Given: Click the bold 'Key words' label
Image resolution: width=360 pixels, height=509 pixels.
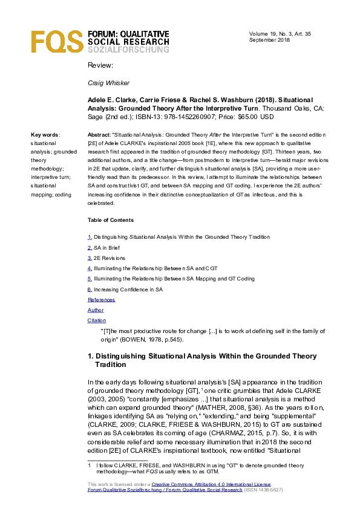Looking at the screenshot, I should [x=45, y=135].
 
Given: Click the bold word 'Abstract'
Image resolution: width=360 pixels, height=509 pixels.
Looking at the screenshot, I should [x=99, y=135].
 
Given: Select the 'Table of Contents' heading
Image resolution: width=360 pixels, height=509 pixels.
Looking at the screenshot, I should [x=111, y=220].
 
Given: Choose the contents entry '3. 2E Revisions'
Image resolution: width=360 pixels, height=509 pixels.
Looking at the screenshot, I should [x=106, y=258].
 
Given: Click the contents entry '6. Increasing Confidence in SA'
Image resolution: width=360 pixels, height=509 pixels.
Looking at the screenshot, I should [x=125, y=290].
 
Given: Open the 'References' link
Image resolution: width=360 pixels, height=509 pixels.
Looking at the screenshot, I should [x=101, y=300].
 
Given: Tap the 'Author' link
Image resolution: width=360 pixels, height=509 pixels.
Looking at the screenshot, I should [x=96, y=310].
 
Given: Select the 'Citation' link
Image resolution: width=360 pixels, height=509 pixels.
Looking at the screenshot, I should [x=97, y=320].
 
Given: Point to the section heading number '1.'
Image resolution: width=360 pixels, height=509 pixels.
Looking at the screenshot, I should [x=91, y=357].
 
